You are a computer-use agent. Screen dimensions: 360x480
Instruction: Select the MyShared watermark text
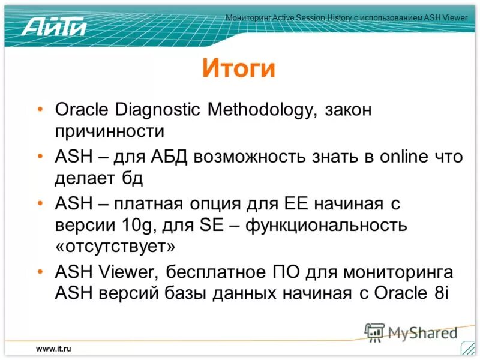click(x=422, y=332)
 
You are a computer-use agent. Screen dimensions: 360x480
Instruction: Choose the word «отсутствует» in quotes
click(x=116, y=247)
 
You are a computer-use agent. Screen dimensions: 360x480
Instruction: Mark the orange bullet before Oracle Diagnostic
click(x=40, y=110)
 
